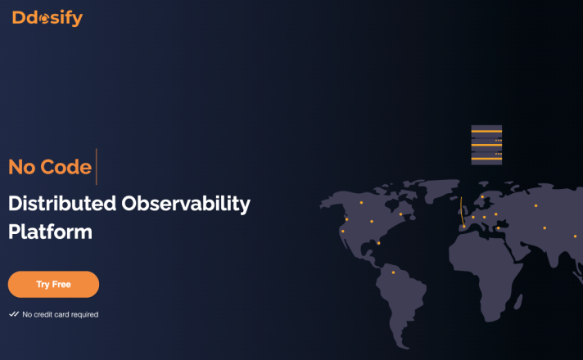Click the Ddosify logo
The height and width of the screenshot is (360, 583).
click(47, 18)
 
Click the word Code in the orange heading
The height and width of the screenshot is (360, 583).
click(66, 167)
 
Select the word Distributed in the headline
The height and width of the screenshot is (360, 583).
click(62, 204)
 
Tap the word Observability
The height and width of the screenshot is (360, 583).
click(186, 205)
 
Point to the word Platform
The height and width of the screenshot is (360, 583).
click(50, 232)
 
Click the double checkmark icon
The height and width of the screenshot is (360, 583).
click(14, 314)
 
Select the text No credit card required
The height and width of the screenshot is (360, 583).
click(61, 315)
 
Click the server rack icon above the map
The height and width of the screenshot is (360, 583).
click(486, 145)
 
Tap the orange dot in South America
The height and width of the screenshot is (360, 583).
click(393, 272)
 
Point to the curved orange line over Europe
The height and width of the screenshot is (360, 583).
click(462, 212)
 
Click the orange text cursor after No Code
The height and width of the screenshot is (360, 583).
click(97, 166)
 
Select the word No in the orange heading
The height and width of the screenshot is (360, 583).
click(22, 167)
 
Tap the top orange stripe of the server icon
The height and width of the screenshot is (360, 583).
click(486, 132)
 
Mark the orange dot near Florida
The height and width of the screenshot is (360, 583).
click(378, 243)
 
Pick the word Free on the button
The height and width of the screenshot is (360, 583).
click(61, 284)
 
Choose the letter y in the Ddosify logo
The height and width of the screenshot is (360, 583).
click(77, 20)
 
